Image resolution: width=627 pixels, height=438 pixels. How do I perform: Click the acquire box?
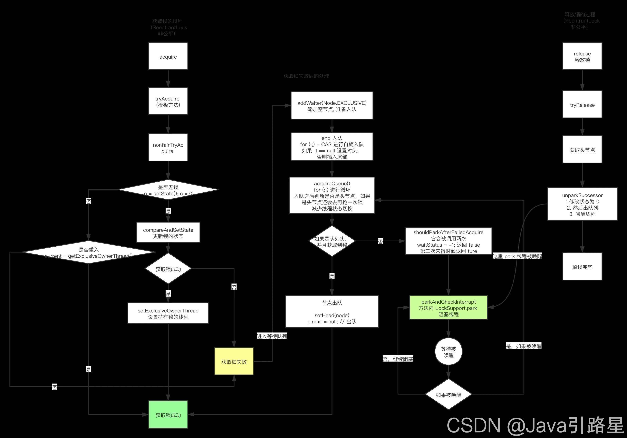pyautogui.click(x=168, y=56)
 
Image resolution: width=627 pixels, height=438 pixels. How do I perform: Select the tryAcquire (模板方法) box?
pyautogui.click(x=168, y=101)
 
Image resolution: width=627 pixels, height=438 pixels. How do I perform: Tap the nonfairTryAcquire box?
pyautogui.click(x=168, y=148)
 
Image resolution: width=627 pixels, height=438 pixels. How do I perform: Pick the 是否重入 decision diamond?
pyautogui.click(x=89, y=252)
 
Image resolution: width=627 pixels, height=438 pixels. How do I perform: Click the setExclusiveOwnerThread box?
pyautogui.click(x=168, y=313)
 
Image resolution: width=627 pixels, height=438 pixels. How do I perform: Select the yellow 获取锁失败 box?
pyautogui.click(x=234, y=361)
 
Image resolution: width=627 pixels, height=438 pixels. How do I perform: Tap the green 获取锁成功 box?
pyautogui.click(x=168, y=414)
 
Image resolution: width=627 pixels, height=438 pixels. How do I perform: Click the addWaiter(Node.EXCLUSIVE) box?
pyautogui.click(x=332, y=106)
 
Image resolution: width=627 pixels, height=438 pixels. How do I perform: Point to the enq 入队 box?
pyautogui.click(x=332, y=147)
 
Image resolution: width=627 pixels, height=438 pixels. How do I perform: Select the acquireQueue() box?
pyautogui.click(x=332, y=195)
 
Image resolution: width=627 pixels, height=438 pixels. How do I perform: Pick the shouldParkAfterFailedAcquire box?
pyautogui.click(x=449, y=241)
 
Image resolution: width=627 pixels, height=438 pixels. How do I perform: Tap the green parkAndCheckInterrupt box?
pyautogui.click(x=449, y=308)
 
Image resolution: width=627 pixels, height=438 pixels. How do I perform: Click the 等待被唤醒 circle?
pyautogui.click(x=449, y=352)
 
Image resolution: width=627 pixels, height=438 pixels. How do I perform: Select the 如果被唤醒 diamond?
pyautogui.click(x=449, y=394)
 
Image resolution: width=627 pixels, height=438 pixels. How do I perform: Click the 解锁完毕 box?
pyautogui.click(x=582, y=267)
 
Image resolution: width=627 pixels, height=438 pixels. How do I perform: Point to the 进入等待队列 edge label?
pyautogui.click(x=272, y=336)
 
